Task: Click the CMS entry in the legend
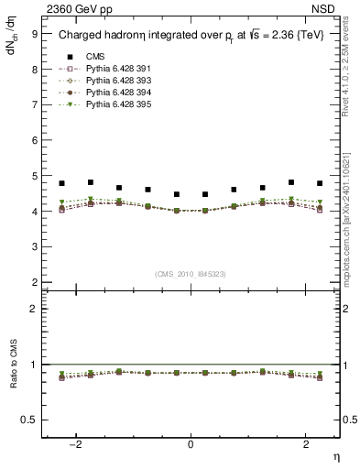pyautogui.click(x=95, y=56)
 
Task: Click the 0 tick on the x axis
pyautogui.click(x=191, y=443)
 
